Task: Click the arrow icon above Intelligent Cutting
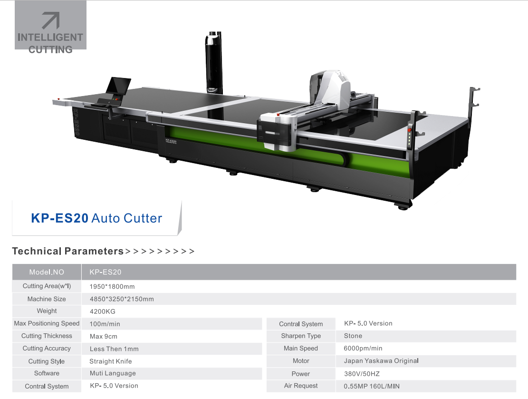51,20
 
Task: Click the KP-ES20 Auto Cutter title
96,218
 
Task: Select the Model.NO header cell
47,272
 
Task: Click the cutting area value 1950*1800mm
112,286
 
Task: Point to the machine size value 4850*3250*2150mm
122,299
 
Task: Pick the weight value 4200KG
102,311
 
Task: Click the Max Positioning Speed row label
47,323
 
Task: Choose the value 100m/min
105,324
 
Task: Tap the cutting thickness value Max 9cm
104,336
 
